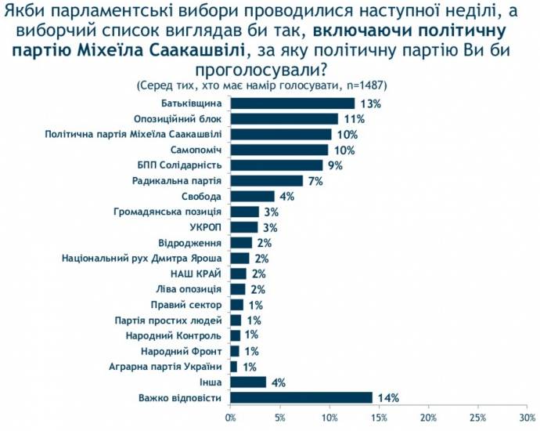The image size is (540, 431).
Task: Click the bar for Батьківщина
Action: [293, 103]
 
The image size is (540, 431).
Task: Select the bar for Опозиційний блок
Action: [285, 118]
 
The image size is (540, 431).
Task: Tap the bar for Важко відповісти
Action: [301, 397]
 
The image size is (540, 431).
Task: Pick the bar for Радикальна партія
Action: [267, 181]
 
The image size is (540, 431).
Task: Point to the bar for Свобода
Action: [253, 196]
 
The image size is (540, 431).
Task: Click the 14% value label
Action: [387, 397]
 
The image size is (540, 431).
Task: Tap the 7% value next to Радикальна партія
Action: [315, 181]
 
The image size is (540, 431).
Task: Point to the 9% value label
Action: [335, 165]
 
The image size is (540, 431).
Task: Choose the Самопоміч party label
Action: [196, 150]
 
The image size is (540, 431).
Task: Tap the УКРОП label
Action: [207, 227]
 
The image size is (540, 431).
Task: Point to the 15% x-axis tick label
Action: [380, 417]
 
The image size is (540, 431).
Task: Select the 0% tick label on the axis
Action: [231, 417]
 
